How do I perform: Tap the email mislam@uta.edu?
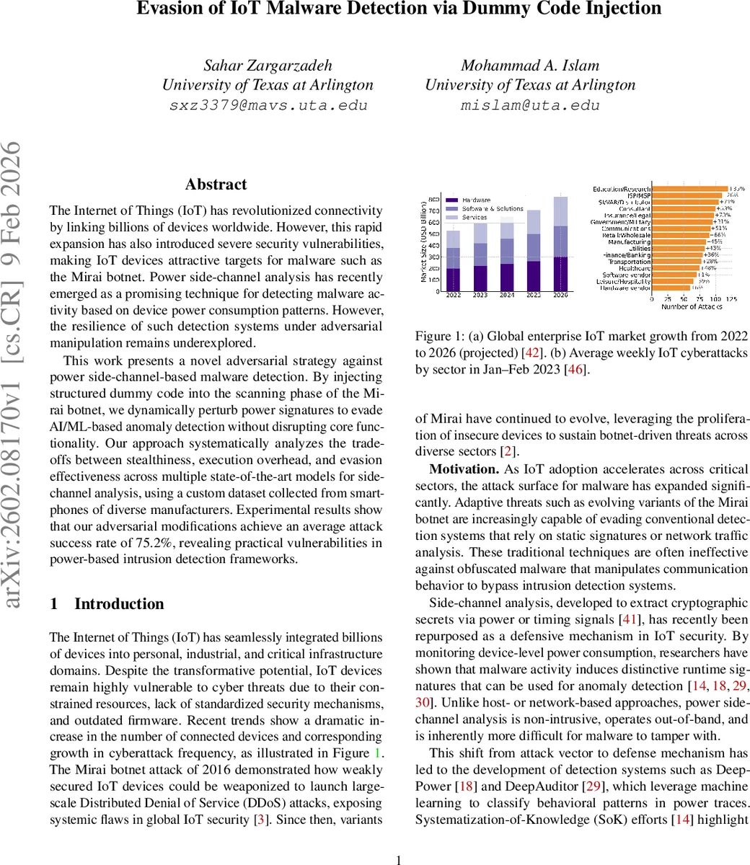[530, 105]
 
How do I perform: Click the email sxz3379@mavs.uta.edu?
[268, 105]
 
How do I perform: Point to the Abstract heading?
[216, 185]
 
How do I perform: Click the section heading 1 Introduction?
[107, 604]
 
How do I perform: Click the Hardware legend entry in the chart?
[476, 200]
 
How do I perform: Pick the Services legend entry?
[475, 217]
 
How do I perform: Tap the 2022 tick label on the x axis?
[454, 295]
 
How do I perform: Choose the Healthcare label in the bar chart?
[635, 268]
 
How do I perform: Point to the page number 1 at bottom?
[400, 859]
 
